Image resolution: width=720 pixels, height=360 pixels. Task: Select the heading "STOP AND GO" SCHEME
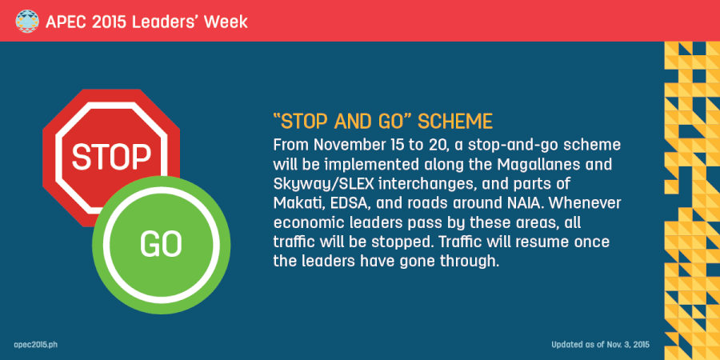(x=382, y=123)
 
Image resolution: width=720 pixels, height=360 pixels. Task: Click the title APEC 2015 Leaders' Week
(x=141, y=21)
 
